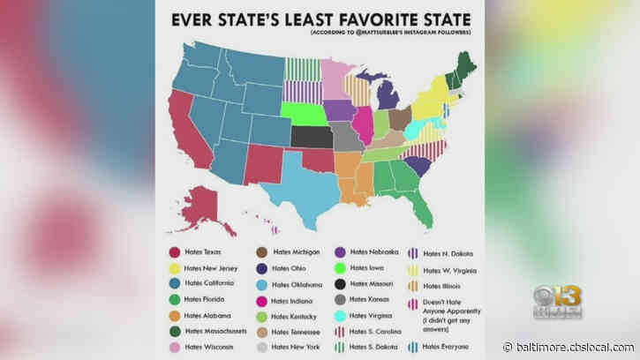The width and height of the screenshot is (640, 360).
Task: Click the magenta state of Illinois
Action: coord(361,124)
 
